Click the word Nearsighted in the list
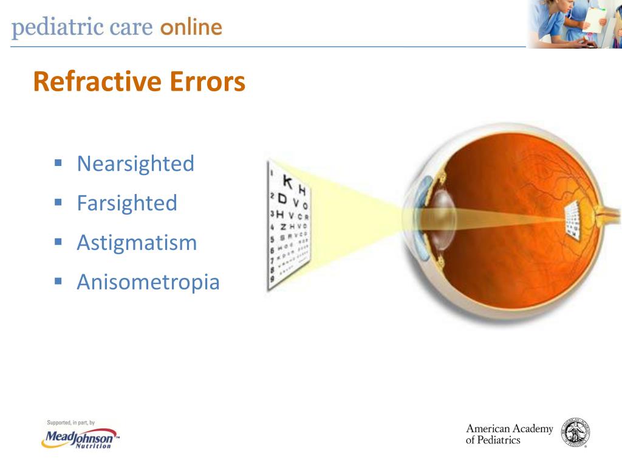click(135, 164)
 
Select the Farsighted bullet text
click(127, 203)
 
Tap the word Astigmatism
click(137, 243)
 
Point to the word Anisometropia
click(148, 282)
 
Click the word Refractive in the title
click(89, 82)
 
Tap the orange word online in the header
click(191, 28)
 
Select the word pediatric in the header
click(50, 29)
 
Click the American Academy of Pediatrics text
click(509, 434)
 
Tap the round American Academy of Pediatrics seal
click(576, 433)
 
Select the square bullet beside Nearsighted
click(58, 163)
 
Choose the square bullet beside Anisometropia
click(58, 282)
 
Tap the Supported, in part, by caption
click(70, 423)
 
